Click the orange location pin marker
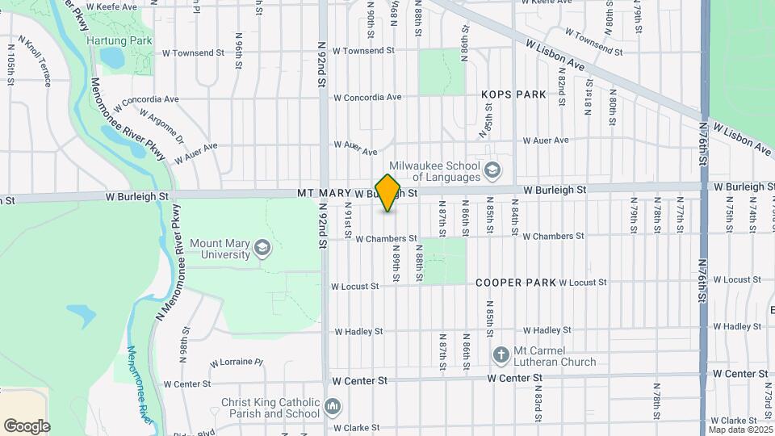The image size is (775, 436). (x=388, y=193)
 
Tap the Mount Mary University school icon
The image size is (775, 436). (x=262, y=248)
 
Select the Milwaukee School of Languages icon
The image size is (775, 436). (x=492, y=171)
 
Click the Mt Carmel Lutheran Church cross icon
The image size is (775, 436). (x=501, y=354)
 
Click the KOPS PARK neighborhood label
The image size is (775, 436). (x=513, y=94)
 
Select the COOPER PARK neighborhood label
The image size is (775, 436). (x=516, y=283)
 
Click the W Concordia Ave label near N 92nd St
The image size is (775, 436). (x=367, y=98)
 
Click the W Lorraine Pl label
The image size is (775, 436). (x=237, y=363)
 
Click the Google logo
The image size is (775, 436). (x=27, y=426)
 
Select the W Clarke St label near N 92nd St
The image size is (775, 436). (x=356, y=428)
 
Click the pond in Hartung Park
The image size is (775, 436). (x=111, y=57)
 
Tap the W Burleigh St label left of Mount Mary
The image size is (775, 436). (x=136, y=195)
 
